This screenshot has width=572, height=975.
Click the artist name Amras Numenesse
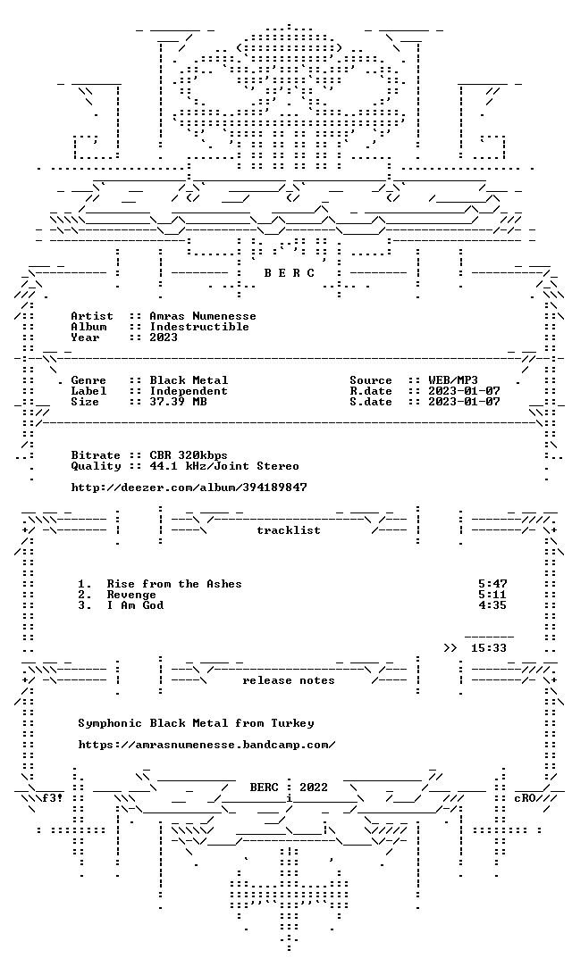point(203,316)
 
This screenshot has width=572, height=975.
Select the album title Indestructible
point(199,327)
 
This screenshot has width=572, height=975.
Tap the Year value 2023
point(164,337)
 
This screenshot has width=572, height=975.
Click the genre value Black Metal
point(189,380)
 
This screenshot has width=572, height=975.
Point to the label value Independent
point(189,391)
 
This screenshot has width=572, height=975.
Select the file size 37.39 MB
point(178,402)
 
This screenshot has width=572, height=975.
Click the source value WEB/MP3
point(453,380)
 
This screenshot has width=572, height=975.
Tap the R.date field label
point(371,391)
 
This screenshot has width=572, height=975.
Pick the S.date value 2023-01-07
point(465,402)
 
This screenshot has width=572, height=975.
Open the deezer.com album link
point(189,487)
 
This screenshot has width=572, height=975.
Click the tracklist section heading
point(289,530)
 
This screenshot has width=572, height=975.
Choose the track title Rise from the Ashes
point(174,584)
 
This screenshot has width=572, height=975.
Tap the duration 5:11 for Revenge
point(493,595)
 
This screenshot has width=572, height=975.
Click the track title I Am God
point(135,605)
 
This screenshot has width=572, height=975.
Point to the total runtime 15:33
point(489,648)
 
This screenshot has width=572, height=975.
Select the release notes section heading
point(289,680)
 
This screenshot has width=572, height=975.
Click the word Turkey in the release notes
point(292,723)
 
